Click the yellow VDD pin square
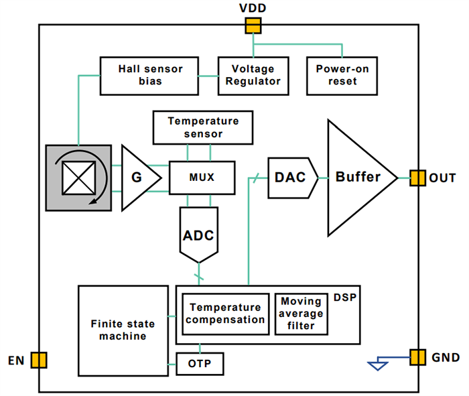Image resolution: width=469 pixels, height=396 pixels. pos(253,25)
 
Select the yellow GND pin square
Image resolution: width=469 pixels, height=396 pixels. pos(417,356)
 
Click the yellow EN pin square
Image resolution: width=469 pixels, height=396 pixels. pos(39,360)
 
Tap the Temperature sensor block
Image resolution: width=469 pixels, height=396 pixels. pos(204,127)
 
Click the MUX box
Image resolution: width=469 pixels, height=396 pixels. pos(202,178)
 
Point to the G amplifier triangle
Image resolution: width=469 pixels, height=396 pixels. pos(137,178)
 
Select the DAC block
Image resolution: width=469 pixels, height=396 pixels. pos(290,178)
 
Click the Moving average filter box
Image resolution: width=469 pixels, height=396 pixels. pos(301,314)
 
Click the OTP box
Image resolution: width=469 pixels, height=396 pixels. pos(200,364)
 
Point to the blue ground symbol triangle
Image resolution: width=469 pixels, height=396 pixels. pos(378,365)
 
